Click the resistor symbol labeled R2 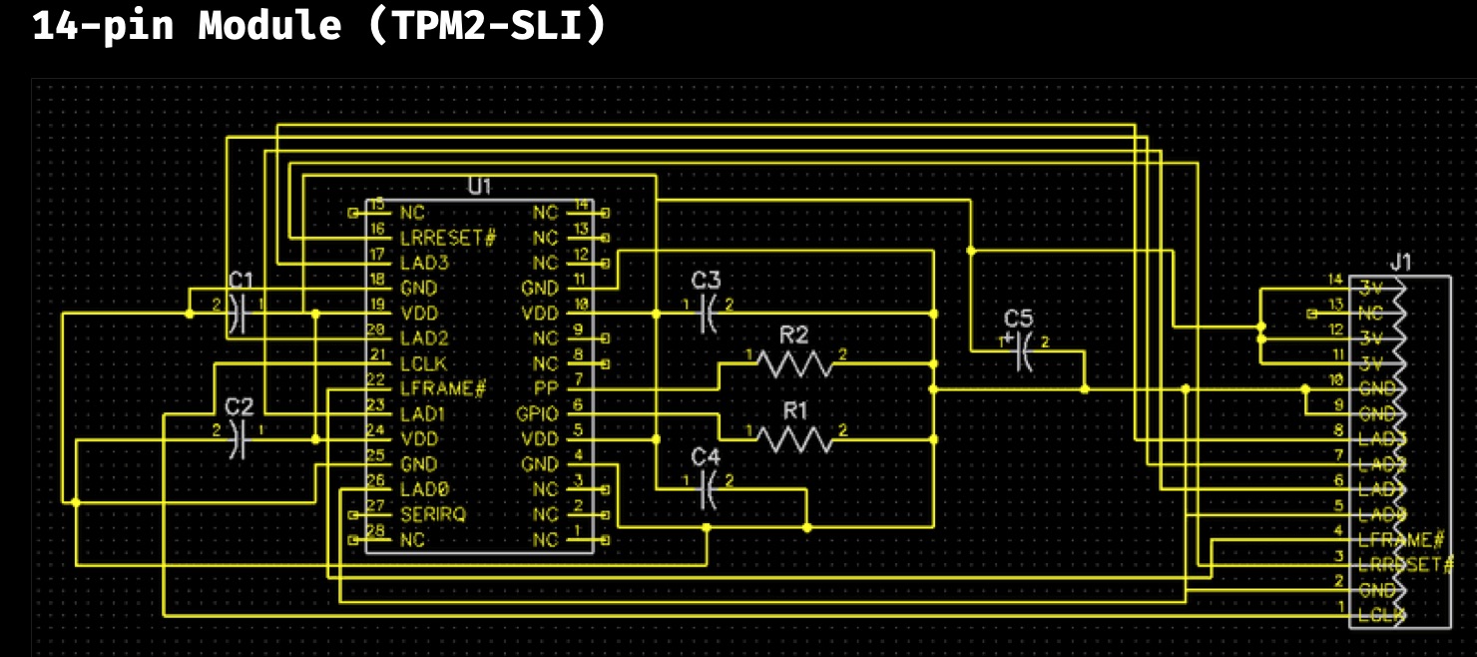[x=793, y=363]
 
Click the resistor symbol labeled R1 [x=793, y=438]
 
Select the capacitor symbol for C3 [x=707, y=314]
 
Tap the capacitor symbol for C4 [x=707, y=489]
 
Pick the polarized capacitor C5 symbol [x=1019, y=351]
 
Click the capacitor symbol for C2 [x=239, y=438]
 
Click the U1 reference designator [x=479, y=187]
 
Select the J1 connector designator [x=1401, y=263]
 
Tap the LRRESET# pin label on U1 [x=447, y=238]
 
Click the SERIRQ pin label [x=432, y=514]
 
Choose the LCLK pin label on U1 [x=424, y=363]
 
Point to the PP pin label [x=545, y=388]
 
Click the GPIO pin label [x=537, y=413]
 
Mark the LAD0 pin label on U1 [x=424, y=489]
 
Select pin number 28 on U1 [x=375, y=531]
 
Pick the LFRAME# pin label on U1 [x=442, y=388]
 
